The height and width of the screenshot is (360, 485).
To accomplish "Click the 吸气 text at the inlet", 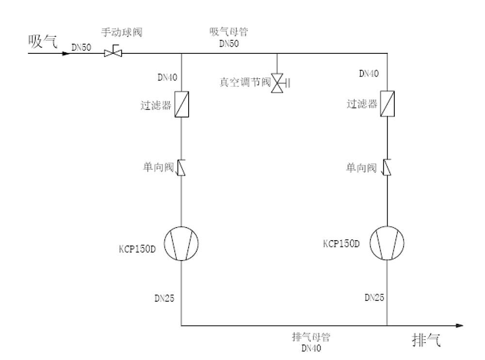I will tap(43, 42).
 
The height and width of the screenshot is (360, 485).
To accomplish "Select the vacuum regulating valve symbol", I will tap(278, 83).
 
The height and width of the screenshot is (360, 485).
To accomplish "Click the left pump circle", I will tap(181, 243).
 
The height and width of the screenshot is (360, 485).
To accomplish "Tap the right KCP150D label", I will tap(341, 243).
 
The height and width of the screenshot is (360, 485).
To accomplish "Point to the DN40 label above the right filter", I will tap(369, 74).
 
